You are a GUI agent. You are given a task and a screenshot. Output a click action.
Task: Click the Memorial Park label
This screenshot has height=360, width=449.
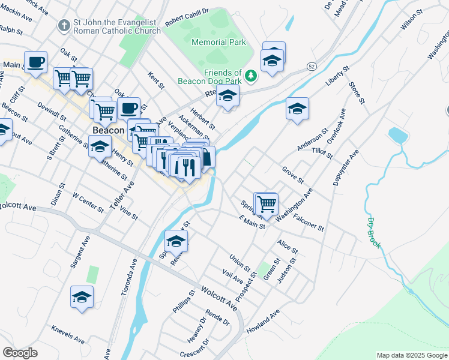tap(218, 42)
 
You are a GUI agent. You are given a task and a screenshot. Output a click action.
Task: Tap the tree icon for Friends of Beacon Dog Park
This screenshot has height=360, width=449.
tap(252, 76)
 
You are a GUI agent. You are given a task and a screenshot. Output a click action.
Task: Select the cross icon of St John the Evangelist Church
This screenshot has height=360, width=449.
tap(63, 25)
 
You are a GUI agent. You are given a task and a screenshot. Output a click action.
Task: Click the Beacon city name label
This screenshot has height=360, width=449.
tap(108, 130)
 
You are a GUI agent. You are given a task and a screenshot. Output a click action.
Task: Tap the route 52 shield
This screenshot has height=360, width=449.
tap(310, 65)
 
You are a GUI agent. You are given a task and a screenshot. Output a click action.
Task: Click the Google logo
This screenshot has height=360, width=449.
tap(20, 353)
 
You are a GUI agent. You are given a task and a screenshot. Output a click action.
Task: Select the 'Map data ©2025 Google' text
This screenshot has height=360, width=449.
tap(411, 355)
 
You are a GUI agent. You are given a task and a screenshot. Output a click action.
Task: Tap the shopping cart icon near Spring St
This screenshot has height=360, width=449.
tap(267, 205)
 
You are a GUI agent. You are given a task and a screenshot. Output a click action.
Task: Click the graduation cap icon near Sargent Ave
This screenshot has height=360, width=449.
tap(82, 297)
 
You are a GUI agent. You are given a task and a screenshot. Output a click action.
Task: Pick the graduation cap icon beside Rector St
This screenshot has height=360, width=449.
tap(176, 241)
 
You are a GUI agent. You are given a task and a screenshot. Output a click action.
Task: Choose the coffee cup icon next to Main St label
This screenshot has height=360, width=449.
tap(36, 62)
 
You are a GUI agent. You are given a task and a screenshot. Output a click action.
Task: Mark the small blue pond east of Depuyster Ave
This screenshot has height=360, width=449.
tap(398, 135)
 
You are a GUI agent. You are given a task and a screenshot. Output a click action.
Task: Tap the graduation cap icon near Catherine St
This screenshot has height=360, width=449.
tap(100, 146)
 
